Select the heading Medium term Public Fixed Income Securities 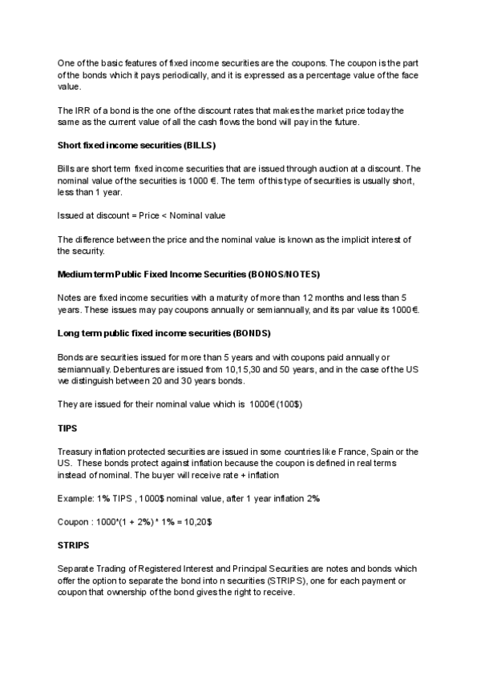[x=188, y=275]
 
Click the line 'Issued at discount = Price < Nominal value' [x=141, y=215]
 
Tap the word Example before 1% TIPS [x=76, y=499]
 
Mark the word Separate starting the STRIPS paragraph [x=77, y=569]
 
